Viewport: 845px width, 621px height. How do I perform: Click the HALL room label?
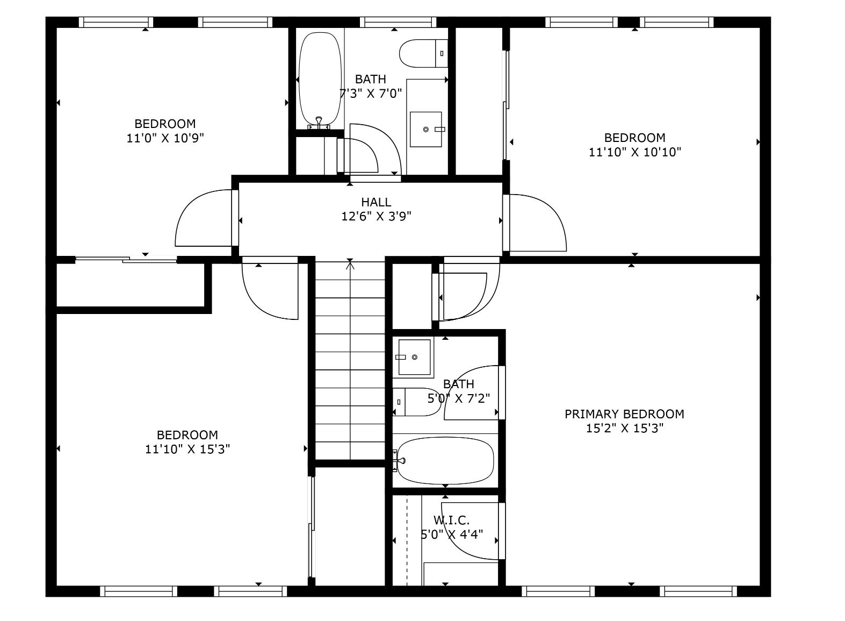click(375, 202)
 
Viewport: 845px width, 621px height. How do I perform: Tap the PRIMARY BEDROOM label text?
click(624, 414)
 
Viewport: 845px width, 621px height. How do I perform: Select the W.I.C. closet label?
click(452, 520)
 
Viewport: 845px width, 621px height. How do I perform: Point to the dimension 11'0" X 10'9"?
click(165, 138)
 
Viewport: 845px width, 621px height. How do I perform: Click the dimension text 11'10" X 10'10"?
click(635, 152)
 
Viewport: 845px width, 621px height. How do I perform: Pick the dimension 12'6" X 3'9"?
click(376, 216)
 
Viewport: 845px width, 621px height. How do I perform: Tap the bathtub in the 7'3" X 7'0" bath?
click(320, 81)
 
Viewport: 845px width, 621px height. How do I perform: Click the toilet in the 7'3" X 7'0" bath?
click(424, 53)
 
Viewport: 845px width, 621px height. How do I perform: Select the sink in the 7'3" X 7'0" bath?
click(426, 129)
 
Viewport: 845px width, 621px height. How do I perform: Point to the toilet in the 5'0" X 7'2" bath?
click(416, 402)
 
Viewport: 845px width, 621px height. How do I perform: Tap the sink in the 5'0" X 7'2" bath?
click(413, 357)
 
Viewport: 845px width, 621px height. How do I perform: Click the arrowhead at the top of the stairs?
click(350, 265)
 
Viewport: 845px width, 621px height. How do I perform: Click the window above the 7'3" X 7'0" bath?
click(398, 22)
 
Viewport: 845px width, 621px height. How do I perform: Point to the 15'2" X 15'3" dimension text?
click(624, 428)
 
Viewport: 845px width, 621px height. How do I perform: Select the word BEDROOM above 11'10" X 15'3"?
click(187, 435)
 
